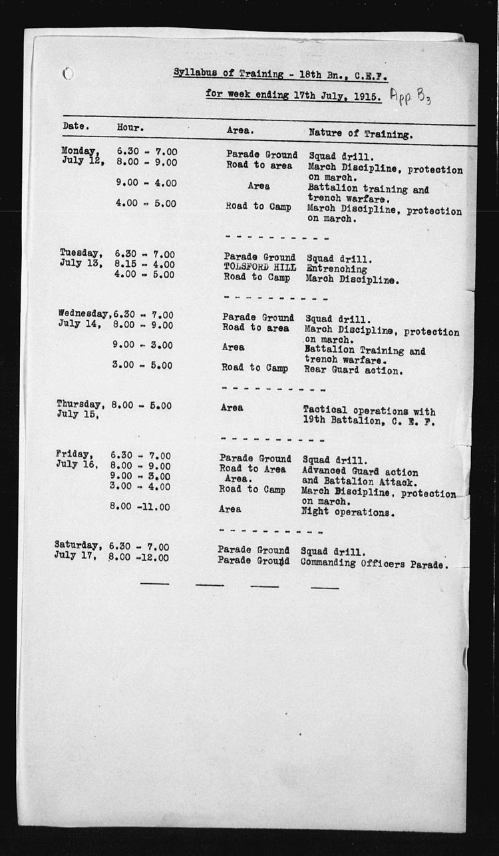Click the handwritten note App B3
(411, 98)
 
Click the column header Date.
(76, 126)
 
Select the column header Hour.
(130, 126)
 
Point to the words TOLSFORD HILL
(259, 268)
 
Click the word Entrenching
(337, 269)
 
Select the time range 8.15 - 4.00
(144, 264)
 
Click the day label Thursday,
(80, 404)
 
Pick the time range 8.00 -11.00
(140, 507)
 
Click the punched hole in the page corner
(68, 73)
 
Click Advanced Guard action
(360, 471)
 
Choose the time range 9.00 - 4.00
(146, 183)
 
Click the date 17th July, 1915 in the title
(336, 95)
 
